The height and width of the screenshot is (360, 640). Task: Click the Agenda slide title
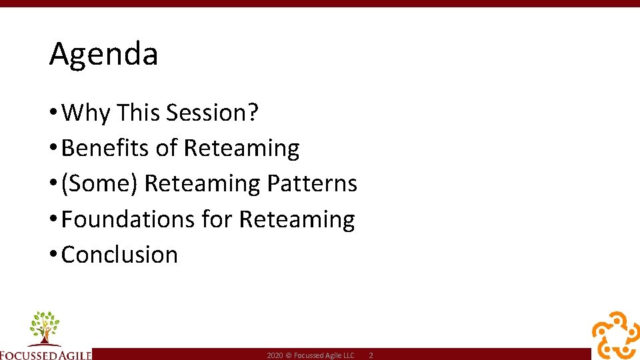pyautogui.click(x=103, y=54)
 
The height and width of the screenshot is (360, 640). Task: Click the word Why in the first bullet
pyautogui.click(x=85, y=113)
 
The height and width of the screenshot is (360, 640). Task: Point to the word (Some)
pyautogui.click(x=99, y=183)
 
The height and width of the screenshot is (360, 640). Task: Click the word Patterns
pyautogui.click(x=312, y=183)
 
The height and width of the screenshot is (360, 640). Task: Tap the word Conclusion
pyautogui.click(x=119, y=255)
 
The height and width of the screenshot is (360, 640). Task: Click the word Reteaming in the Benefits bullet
pyautogui.click(x=241, y=148)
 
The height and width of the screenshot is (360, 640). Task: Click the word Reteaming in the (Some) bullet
pyautogui.click(x=202, y=183)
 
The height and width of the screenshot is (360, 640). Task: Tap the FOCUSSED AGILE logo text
pyautogui.click(x=45, y=354)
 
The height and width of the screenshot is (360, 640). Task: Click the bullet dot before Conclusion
pyautogui.click(x=53, y=255)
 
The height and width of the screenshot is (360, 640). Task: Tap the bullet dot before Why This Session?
pyautogui.click(x=53, y=113)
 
